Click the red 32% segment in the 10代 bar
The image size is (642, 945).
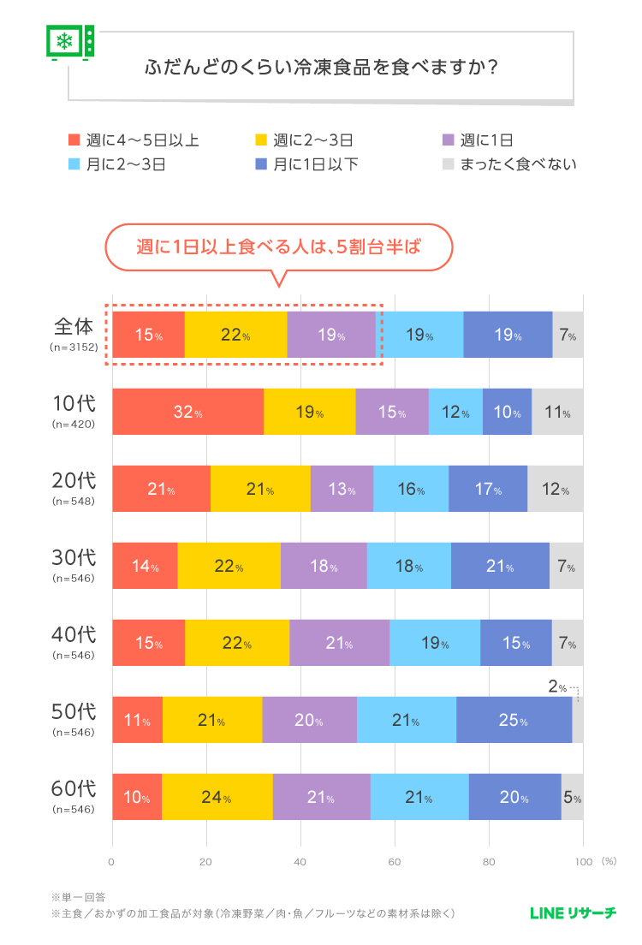[x=187, y=412]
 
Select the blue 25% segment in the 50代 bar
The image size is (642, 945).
[x=514, y=720]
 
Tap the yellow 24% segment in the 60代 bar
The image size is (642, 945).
[x=217, y=797]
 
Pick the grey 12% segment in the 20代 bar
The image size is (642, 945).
[x=555, y=489]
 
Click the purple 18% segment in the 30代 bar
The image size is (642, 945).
[x=324, y=566]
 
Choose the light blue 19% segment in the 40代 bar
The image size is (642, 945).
[x=434, y=643]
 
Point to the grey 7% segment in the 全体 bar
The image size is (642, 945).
[x=568, y=335]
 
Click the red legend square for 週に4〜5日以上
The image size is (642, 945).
[x=74, y=140]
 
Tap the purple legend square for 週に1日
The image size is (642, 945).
[x=446, y=140]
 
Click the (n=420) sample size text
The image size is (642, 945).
[x=74, y=424]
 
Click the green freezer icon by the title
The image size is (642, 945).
[x=69, y=41]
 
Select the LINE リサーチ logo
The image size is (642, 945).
[x=573, y=913]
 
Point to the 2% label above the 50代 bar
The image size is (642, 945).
[x=556, y=686]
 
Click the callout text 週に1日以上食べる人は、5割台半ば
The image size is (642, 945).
[x=279, y=247]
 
